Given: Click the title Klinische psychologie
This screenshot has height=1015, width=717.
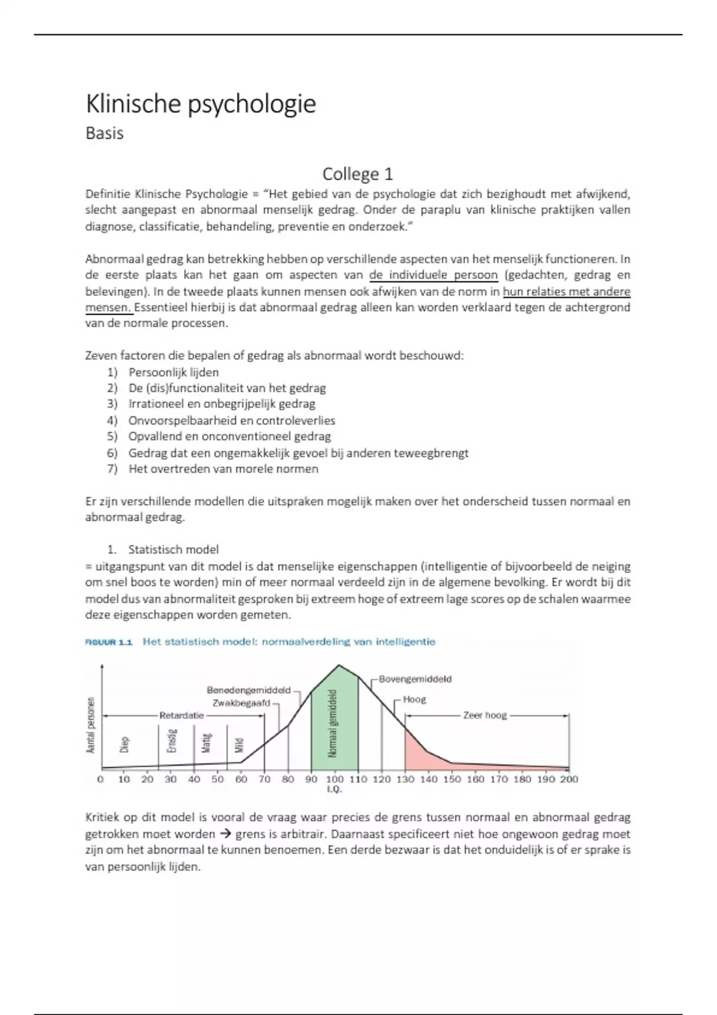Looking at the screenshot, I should tap(201, 104).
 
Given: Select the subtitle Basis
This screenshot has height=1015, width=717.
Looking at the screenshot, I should tap(105, 133).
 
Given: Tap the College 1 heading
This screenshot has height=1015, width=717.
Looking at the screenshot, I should tap(357, 174).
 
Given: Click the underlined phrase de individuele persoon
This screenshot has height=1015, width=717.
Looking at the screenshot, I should tap(434, 275).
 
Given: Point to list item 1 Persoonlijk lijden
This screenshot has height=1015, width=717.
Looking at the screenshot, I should tap(173, 372).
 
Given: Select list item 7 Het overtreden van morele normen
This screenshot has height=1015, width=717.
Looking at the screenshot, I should tap(223, 469).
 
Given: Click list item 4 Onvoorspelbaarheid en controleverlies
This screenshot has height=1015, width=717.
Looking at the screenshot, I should tap(231, 420).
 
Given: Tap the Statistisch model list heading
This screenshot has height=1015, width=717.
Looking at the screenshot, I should tap(173, 549).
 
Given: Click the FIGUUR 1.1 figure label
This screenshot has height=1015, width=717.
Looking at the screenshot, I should tap(108, 642).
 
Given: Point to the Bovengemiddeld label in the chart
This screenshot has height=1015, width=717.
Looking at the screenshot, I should tap(415, 679).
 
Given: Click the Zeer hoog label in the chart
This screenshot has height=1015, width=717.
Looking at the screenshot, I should tap(485, 715).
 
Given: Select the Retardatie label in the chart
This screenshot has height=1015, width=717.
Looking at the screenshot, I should tap(182, 715).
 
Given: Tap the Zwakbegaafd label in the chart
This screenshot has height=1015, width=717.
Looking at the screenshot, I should tap(241, 703).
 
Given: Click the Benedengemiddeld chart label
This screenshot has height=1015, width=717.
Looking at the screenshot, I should tap(249, 690).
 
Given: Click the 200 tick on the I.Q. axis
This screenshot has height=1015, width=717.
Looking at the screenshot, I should tap(569, 779).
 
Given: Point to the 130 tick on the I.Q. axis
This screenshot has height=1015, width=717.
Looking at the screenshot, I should tap(405, 779).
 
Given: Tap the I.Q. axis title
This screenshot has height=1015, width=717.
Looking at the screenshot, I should tap(334, 789).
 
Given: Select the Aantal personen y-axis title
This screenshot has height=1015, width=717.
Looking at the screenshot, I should tap(91, 725).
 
